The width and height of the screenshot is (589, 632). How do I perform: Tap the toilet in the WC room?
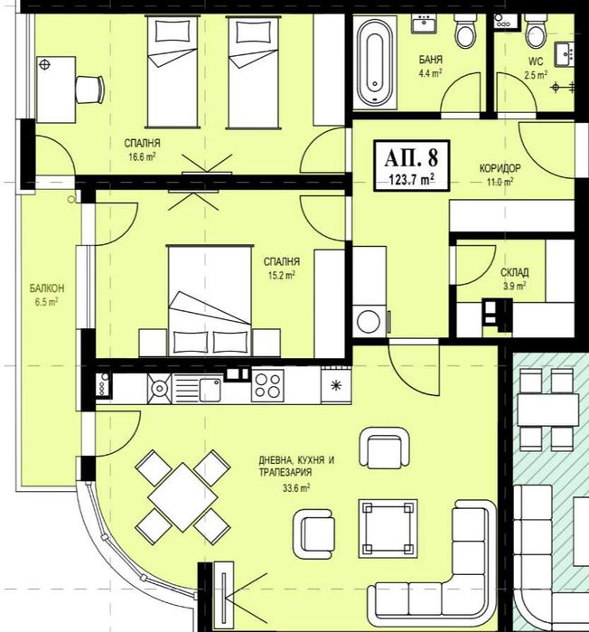click(536, 31)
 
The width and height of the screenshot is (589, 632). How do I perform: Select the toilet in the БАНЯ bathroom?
click(465, 31)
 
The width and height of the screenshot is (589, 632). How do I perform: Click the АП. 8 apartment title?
click(411, 157)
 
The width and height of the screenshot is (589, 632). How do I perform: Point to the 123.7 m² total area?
click(411, 179)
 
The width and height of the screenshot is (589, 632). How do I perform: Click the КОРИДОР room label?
click(500, 168)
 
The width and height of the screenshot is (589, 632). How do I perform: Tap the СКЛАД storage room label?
click(515, 273)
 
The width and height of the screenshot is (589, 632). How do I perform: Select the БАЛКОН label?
click(47, 288)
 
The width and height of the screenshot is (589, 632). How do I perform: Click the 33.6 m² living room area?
click(296, 488)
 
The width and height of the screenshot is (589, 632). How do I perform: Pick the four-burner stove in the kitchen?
click(267, 386)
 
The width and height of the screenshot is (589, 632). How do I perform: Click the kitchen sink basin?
click(210, 390)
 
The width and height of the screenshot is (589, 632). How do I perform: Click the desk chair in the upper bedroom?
click(90, 90)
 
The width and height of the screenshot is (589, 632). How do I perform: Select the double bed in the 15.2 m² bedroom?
click(210, 301)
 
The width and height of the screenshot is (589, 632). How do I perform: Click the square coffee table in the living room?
click(388, 529)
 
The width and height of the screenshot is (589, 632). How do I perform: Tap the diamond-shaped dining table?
click(182, 496)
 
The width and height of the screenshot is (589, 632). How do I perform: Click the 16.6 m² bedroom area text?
click(142, 156)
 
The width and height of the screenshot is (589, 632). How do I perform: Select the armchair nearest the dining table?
click(314, 532)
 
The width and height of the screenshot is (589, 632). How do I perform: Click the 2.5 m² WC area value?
click(536, 75)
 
